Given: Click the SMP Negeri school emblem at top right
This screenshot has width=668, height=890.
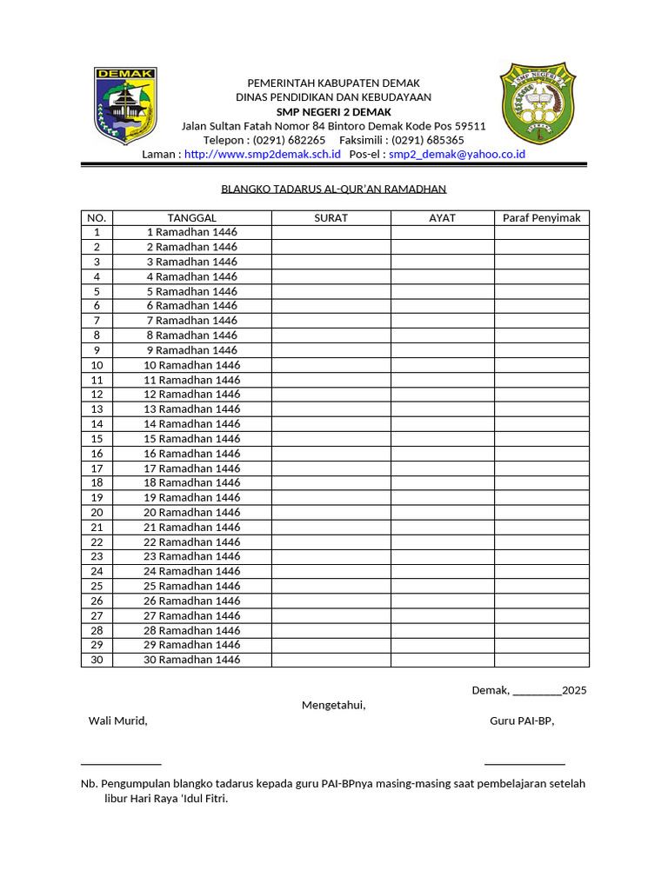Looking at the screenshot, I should click(538, 103).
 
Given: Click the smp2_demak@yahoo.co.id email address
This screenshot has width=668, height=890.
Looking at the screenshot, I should click(457, 154).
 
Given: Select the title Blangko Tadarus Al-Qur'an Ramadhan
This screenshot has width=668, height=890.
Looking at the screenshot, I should click(333, 189).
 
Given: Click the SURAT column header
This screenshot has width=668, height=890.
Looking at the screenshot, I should click(331, 218).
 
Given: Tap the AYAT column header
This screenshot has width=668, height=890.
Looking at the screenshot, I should click(442, 218).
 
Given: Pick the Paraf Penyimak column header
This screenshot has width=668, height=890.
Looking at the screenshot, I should click(541, 218).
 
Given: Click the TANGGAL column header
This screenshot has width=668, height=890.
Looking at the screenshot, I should click(191, 218).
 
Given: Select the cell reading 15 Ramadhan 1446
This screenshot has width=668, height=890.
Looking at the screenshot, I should click(191, 439).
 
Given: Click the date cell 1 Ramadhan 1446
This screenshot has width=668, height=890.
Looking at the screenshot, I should click(191, 233).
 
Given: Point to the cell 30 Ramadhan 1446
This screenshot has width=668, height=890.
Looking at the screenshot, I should click(191, 660).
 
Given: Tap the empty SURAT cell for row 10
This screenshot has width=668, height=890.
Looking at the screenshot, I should click(331, 365).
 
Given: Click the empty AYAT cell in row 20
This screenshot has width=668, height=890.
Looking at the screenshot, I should click(442, 513).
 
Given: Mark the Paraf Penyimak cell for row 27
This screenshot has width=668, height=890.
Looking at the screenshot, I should click(541, 615).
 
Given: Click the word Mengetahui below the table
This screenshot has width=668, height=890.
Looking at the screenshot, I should click(333, 705).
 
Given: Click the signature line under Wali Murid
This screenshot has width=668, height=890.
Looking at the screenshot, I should click(121, 762).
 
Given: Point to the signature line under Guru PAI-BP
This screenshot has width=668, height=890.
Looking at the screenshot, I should click(524, 762).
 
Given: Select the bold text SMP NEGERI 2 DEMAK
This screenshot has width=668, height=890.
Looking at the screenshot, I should click(333, 112).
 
